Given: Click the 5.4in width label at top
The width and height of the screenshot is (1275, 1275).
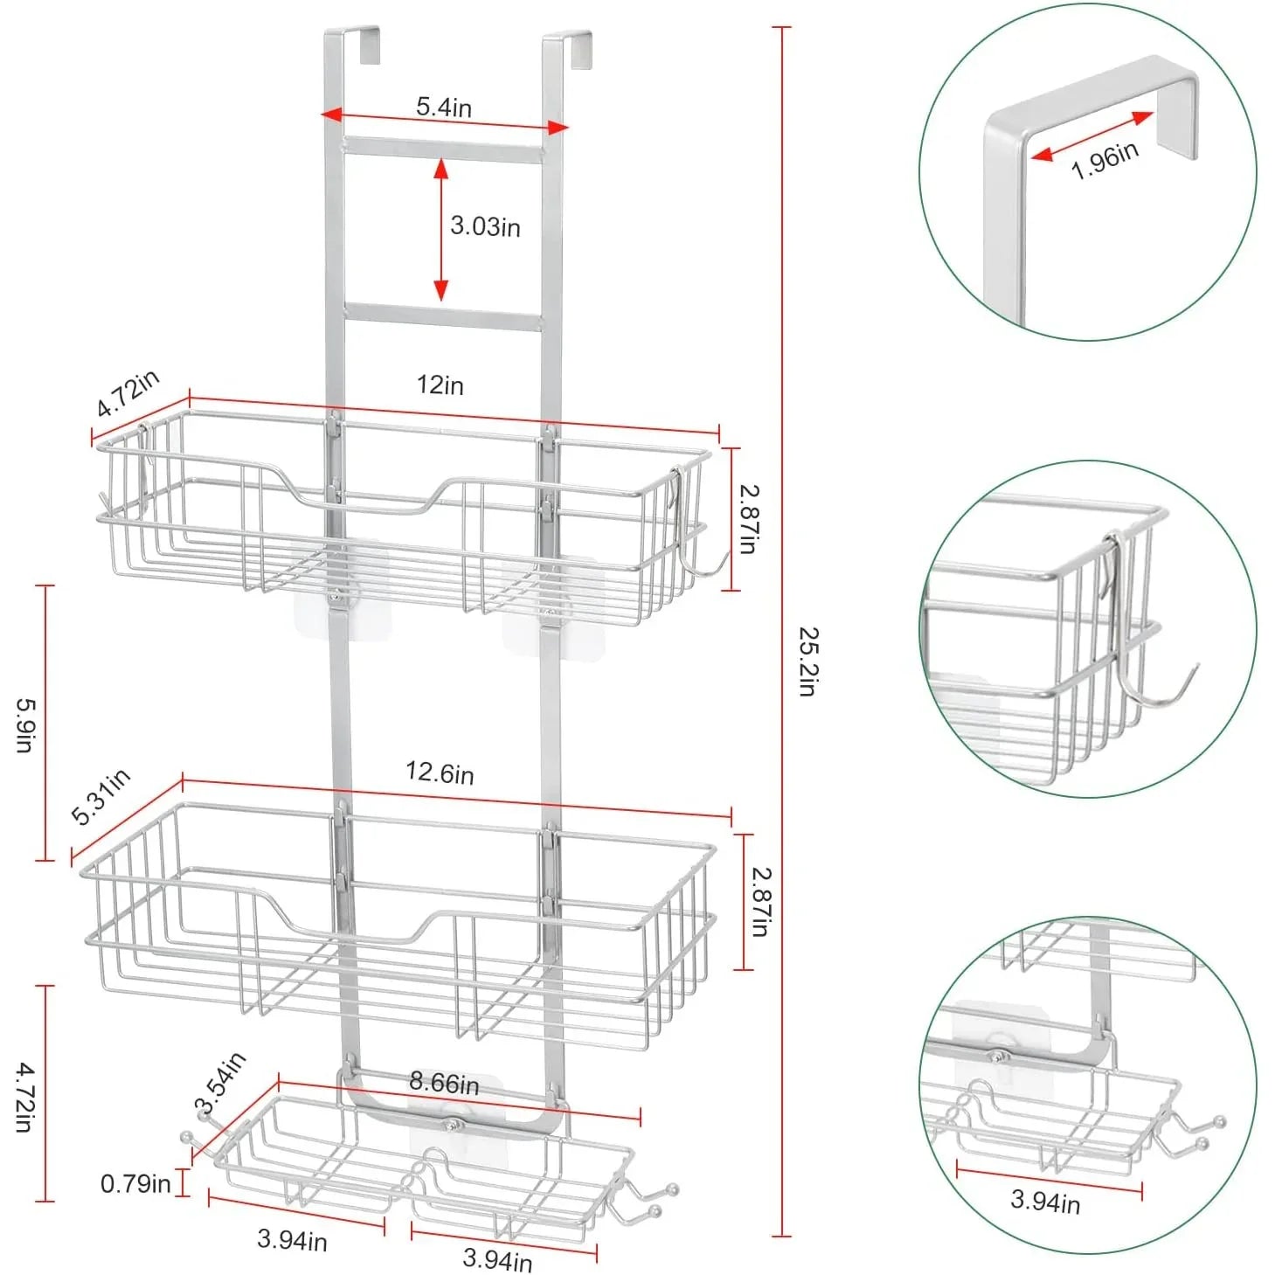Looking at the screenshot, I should [443, 107].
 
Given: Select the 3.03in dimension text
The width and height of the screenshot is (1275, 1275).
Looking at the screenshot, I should [485, 226].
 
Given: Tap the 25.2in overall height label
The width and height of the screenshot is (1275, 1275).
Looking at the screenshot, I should [807, 661].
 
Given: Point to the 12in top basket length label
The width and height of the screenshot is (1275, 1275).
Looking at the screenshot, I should [440, 385].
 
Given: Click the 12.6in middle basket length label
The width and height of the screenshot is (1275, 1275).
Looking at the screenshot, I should [440, 773].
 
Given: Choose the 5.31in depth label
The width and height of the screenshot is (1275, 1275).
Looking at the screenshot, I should [100, 796].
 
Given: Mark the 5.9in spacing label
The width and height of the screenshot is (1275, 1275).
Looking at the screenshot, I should [24, 724].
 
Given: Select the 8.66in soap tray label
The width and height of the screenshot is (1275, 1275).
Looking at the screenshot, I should [444, 1083].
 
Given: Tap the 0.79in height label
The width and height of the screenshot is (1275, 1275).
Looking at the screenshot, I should [135, 1184].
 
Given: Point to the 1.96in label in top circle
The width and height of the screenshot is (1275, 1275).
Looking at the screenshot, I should [1105, 160].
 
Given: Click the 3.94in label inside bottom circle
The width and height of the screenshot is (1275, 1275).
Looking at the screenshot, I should [1045, 1201].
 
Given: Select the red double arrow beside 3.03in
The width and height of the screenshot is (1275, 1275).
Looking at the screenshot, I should [441, 229].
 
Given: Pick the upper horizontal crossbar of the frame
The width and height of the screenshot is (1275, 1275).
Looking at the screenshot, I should [442, 149].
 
